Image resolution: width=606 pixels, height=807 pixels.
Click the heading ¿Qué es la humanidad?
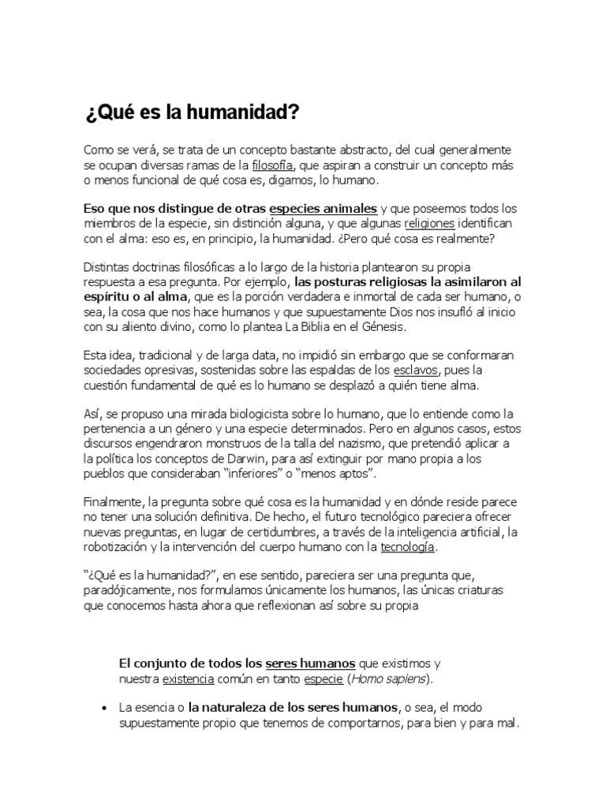(192, 113)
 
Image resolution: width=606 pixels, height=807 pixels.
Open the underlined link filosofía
(273, 165)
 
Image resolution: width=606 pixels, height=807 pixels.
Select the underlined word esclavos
(417, 370)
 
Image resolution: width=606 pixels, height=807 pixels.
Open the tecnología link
(407, 547)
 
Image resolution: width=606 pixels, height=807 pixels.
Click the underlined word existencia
(189, 679)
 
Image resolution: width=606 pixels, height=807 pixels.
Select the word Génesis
(380, 326)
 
